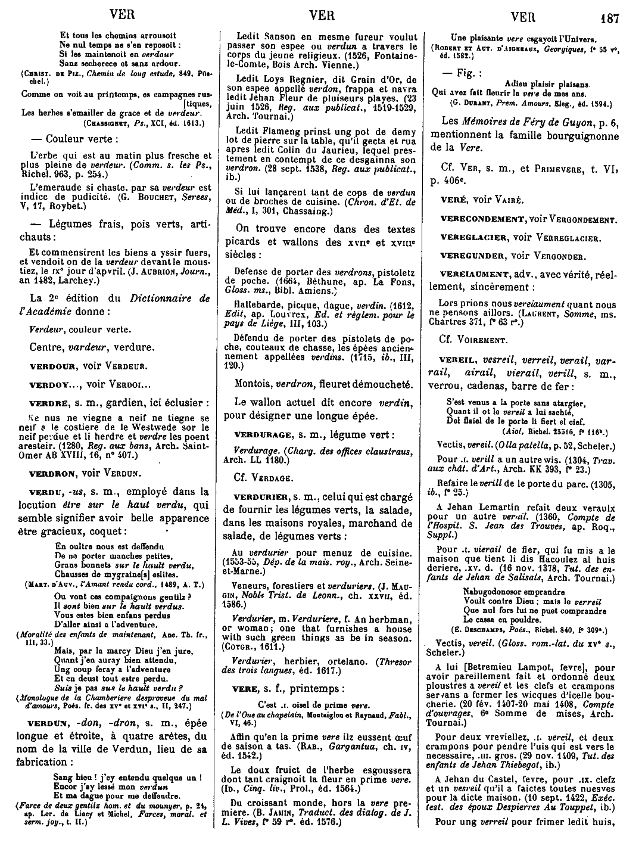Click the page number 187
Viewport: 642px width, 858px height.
[x=610, y=18]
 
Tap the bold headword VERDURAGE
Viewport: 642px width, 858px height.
[x=262, y=434]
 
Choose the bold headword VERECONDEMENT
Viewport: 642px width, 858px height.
[x=482, y=219]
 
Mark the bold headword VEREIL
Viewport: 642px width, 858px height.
[x=456, y=360]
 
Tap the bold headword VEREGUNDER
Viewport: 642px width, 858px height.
[x=474, y=256]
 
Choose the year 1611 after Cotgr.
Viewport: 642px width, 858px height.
[x=256, y=645]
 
